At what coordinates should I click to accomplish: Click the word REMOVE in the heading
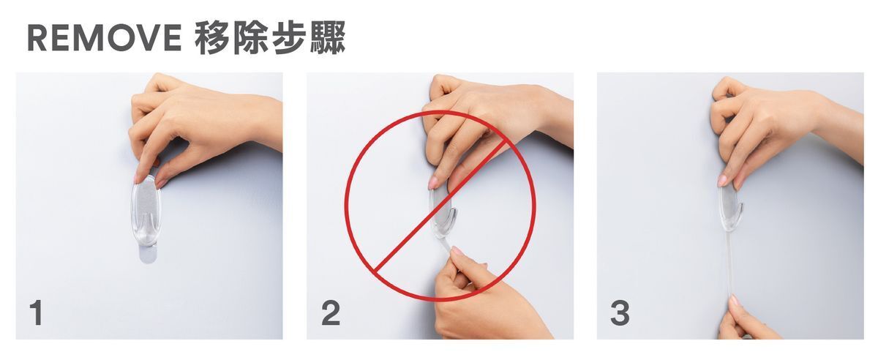pos(105,37)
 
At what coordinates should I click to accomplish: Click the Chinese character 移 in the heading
pos(212,37)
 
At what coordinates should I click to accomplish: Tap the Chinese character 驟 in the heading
pos(328,37)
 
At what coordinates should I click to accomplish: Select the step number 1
pos(37,313)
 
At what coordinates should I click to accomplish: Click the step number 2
pos(331,313)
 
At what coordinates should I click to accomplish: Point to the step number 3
pos(620,313)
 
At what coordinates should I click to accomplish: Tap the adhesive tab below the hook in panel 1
pos(147,254)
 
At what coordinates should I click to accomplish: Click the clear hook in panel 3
pos(730,208)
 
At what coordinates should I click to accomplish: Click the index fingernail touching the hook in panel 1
pos(138,179)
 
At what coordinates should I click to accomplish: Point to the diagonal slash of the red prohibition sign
pos(440,206)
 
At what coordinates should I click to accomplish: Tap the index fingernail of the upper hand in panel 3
pos(722,181)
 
